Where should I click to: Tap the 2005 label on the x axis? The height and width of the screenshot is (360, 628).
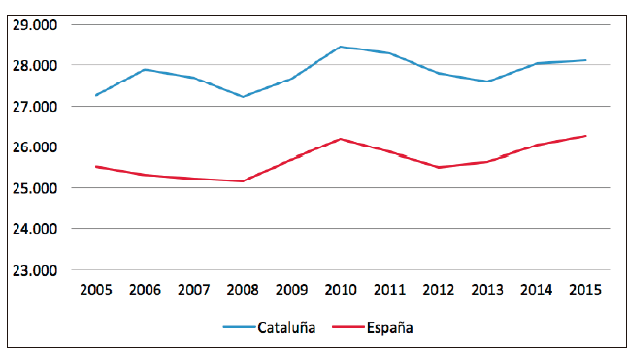tap(94, 289)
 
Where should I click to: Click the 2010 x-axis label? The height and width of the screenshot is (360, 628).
tap(340, 289)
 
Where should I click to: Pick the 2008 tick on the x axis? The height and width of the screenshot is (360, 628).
tap(242, 289)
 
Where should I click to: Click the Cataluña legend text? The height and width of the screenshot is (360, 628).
tap(286, 328)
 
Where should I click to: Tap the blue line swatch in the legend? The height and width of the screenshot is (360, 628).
tap(239, 328)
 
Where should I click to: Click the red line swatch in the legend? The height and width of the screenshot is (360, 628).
tap(347, 328)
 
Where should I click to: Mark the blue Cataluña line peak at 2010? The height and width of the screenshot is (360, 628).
tap(340, 46)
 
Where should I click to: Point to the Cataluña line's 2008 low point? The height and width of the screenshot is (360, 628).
tap(242, 96)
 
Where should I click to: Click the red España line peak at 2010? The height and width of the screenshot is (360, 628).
tap(340, 139)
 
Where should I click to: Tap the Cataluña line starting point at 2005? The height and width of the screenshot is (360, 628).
tap(94, 95)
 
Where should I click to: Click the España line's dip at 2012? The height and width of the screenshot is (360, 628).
tap(438, 167)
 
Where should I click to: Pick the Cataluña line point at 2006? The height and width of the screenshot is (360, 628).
tap(144, 69)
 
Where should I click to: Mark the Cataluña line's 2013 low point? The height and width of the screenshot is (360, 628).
tap(487, 82)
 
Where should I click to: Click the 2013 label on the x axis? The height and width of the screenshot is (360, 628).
tap(487, 289)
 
